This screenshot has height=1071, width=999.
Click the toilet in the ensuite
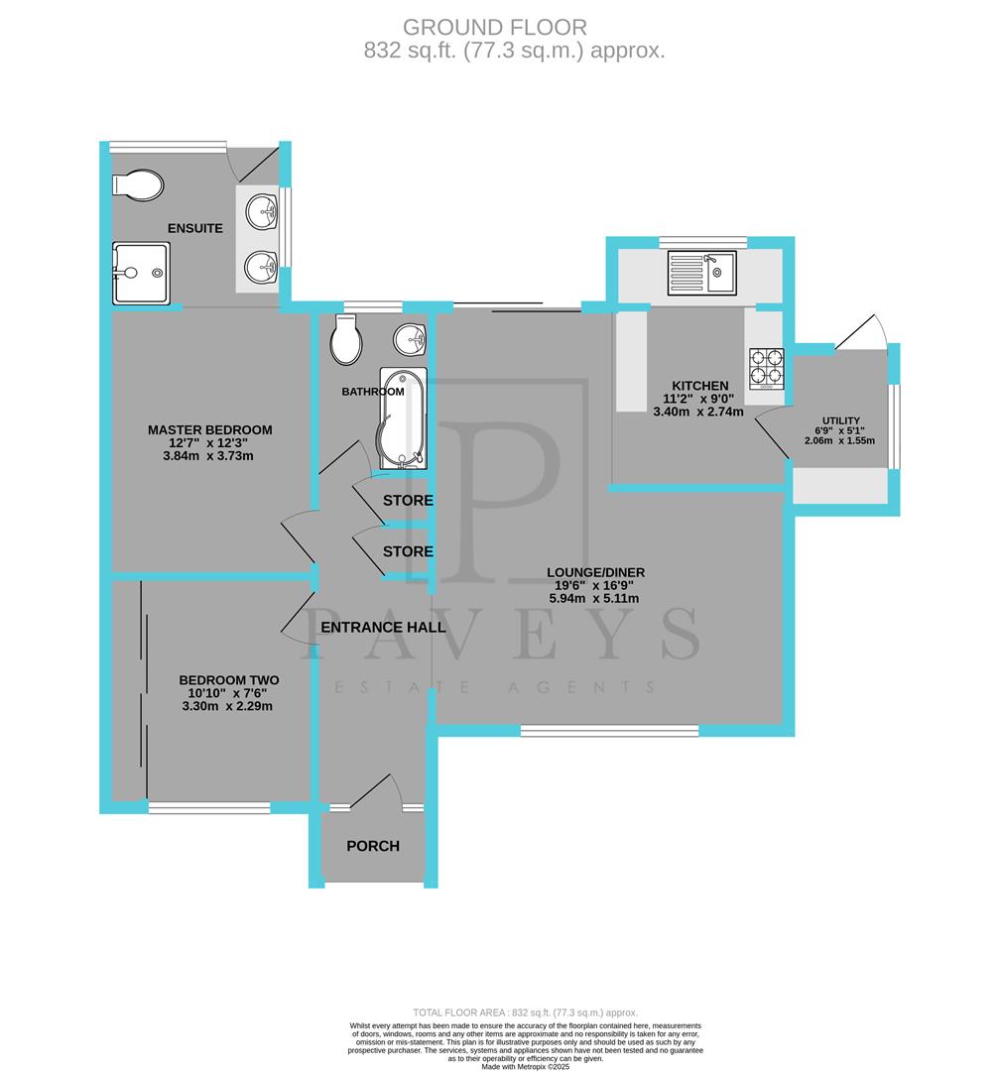(x=138, y=184)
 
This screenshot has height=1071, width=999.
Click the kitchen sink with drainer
(x=700, y=270)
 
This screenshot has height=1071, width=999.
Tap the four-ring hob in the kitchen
(x=765, y=366)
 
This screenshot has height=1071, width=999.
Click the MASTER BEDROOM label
(x=209, y=429)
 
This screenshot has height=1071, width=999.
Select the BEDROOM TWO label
(x=228, y=679)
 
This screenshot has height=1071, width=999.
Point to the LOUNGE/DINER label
(x=596, y=572)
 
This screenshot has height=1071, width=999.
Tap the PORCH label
(x=373, y=846)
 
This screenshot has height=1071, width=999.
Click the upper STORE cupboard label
(x=409, y=500)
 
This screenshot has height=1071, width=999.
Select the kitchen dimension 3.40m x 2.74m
(x=698, y=412)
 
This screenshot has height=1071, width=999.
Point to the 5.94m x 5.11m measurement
(x=596, y=598)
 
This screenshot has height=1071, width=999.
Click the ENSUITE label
(x=194, y=228)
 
